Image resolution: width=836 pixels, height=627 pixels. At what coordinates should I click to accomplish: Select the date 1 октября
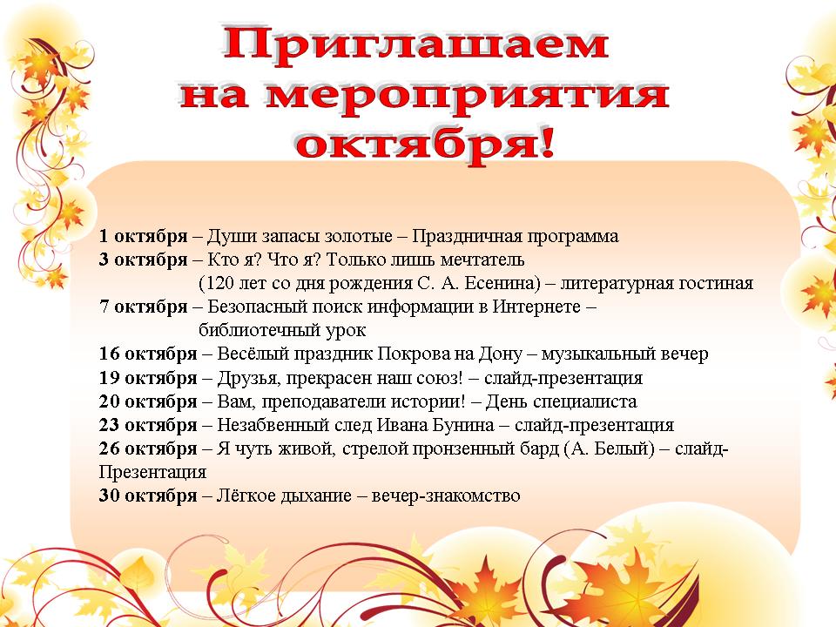(144, 236)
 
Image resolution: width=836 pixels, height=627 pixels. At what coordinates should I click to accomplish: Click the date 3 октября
(144, 260)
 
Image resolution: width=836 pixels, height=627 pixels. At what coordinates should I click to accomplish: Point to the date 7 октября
(144, 307)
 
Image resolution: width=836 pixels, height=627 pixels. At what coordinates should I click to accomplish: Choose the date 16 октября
(148, 354)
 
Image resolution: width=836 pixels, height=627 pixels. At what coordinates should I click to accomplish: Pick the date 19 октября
(148, 378)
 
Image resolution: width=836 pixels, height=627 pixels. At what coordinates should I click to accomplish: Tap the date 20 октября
(148, 401)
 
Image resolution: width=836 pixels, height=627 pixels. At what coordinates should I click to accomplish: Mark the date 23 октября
(148, 425)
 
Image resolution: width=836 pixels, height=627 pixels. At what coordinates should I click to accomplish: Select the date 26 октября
(148, 448)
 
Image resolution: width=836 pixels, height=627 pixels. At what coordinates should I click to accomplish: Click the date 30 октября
(148, 496)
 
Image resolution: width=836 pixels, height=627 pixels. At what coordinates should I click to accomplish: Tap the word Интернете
(536, 307)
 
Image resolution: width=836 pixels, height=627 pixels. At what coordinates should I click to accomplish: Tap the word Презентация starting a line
(152, 472)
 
